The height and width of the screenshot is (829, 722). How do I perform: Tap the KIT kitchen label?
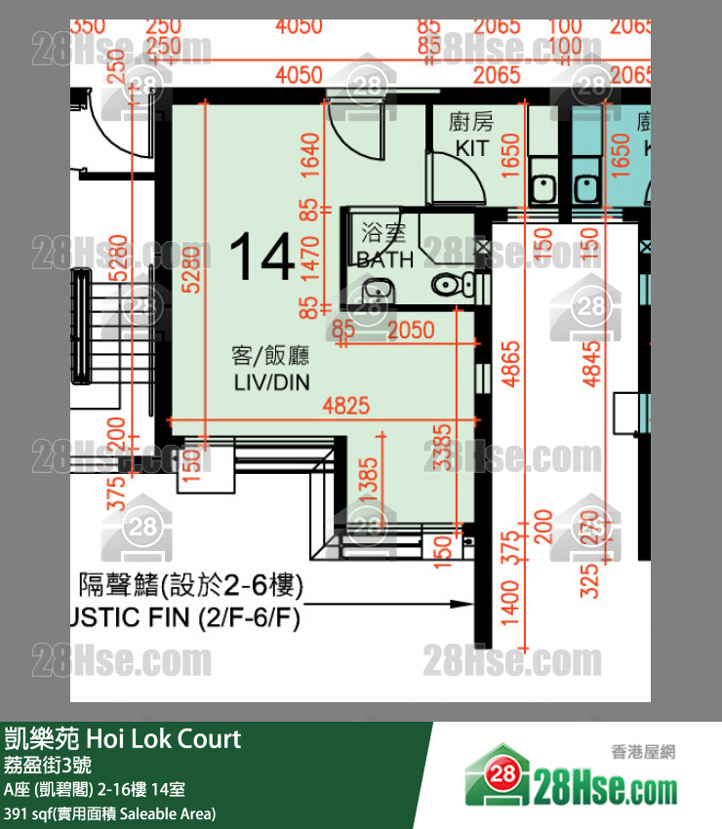[472, 147]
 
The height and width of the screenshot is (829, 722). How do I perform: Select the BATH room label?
[385, 259]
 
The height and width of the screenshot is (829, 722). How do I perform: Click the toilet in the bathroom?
[448, 285]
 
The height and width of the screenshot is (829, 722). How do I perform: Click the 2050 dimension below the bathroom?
[410, 331]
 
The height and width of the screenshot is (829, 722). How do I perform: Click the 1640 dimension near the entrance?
[310, 157]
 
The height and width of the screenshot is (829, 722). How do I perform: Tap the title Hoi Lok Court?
[163, 739]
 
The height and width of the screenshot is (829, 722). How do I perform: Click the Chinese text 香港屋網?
[643, 751]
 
